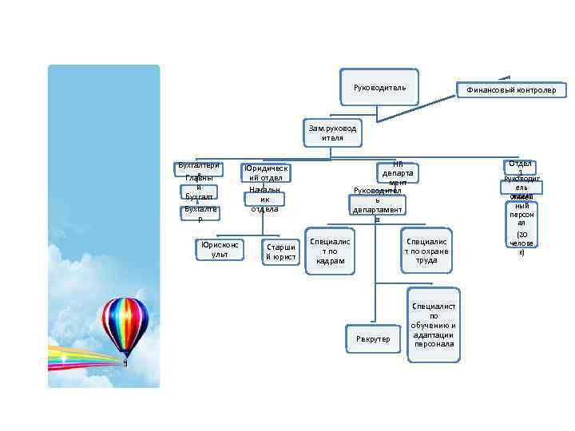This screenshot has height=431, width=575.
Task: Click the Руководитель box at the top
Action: coord(386,86)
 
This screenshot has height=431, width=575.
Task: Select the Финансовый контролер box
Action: coord(511,90)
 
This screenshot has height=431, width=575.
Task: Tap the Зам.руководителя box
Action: coord(333,132)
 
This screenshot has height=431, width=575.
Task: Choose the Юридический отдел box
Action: coord(265,172)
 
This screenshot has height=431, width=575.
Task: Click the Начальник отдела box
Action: coord(264,200)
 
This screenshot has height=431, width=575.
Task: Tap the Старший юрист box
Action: coord(280,251)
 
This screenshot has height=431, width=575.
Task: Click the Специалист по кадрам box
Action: coord(329,251)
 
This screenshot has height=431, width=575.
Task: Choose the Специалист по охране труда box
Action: coord(426,250)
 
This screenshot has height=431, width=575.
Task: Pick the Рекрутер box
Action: coord(373,338)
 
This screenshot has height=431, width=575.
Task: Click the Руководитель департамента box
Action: coord(378,205)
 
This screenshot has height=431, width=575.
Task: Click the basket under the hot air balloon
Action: coord(125,362)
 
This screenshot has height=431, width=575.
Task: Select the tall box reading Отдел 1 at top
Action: coord(520,168)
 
